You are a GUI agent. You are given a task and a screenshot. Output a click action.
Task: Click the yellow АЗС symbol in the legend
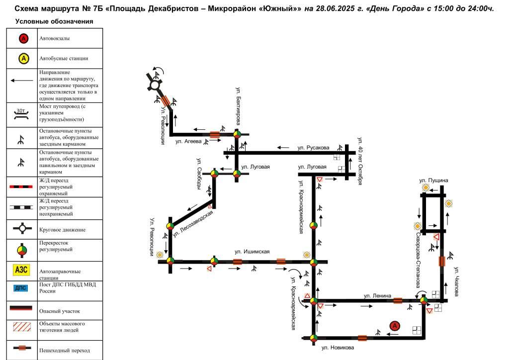pyautogui.click(x=21, y=270)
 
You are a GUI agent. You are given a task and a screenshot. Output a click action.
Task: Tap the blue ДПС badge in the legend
pyautogui.click(x=20, y=288)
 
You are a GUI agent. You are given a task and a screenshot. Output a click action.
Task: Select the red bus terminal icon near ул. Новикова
pyautogui.click(x=394, y=326)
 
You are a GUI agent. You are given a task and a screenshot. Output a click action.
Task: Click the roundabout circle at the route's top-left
pyautogui.click(x=154, y=86)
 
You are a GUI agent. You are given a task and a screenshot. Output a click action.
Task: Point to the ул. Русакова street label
pyautogui.click(x=313, y=148)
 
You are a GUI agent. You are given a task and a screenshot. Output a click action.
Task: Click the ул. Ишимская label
pyautogui.click(x=252, y=252)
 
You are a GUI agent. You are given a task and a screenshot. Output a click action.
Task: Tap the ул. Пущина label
pyautogui.click(x=433, y=180)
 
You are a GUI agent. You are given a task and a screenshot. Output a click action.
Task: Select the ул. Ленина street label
pyautogui.click(x=377, y=296)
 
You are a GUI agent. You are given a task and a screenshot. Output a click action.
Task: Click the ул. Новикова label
pyautogui.click(x=338, y=348)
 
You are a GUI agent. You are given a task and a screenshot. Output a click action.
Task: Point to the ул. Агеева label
pyautogui.click(x=188, y=142)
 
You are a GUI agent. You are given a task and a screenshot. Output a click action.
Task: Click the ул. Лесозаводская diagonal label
pyautogui.click(x=193, y=224)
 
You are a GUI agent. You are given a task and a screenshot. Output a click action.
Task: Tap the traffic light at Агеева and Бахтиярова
pyautogui.click(x=237, y=134)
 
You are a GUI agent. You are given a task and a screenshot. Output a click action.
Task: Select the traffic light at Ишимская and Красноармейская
pyautogui.click(x=313, y=262)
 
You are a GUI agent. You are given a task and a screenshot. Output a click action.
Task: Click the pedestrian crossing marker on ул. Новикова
pyautogui.click(x=362, y=338)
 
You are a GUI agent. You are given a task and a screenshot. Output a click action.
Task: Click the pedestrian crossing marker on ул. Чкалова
pyautogui.click(x=442, y=262)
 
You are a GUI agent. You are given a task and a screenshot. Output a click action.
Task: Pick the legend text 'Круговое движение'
pyautogui.click(x=62, y=230)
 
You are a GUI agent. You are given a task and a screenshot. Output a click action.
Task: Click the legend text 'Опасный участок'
pyautogui.click(x=60, y=311)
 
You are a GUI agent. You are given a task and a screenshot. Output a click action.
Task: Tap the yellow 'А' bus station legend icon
pyautogui.click(x=23, y=59)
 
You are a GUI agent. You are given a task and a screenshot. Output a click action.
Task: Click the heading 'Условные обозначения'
pyautogui.click(x=54, y=21)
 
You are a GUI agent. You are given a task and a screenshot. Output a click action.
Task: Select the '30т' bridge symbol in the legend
pyautogui.click(x=21, y=113)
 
